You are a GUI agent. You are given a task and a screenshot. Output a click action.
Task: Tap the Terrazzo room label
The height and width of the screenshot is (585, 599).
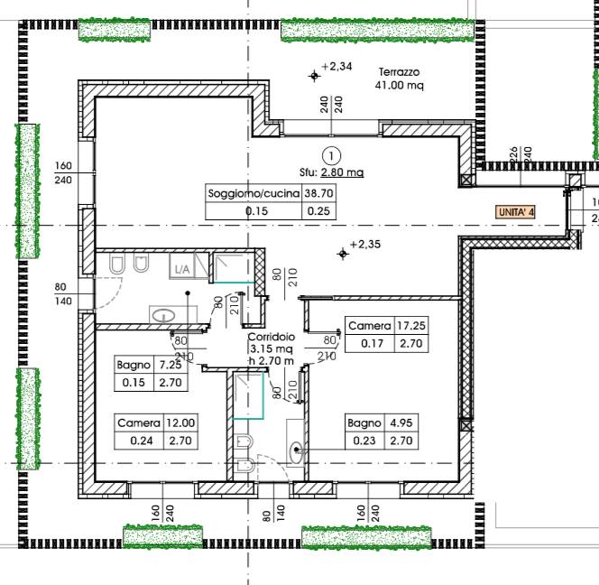coord(399,72)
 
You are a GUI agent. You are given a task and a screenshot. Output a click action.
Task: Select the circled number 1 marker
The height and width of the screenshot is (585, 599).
coord(331,155)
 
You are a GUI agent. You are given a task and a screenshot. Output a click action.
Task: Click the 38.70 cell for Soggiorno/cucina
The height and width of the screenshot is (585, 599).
coord(318,193)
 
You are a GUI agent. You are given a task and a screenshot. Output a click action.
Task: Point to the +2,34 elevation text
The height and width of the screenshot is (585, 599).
coord(336,67)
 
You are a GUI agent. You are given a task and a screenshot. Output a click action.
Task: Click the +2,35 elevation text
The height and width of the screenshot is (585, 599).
coord(365,244)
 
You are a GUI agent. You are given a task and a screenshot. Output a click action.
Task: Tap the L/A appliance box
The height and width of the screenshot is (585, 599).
coord(182,266)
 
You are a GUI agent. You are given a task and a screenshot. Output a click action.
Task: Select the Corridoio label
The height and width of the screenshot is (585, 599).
coord(272,337)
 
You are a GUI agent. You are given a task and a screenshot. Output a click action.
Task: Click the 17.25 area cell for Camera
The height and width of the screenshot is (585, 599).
coord(411,326)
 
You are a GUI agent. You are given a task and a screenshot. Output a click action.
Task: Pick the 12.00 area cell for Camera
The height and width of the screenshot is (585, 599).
coord(180,422)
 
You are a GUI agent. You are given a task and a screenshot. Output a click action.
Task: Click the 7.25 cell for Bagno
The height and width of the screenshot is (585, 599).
coord(170,365)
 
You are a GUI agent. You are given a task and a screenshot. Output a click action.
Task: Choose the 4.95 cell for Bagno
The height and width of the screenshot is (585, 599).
coord(401,422)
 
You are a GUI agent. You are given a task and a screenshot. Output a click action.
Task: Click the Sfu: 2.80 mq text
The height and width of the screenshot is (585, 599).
coord(332,172)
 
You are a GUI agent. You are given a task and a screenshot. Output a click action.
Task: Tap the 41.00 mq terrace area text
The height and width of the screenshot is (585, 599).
coord(400,85)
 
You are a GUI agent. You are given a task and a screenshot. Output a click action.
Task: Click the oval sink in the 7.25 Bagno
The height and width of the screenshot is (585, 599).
coord(163,315)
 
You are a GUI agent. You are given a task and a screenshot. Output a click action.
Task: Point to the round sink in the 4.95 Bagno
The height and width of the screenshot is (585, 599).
coord(296,452)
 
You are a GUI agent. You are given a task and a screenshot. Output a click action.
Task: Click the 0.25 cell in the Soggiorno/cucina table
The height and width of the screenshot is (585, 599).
coord(318,211)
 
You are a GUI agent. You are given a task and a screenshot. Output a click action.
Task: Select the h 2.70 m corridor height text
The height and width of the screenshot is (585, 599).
coord(272,360)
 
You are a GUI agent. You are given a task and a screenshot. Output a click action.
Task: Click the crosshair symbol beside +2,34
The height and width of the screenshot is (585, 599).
coord(315,76)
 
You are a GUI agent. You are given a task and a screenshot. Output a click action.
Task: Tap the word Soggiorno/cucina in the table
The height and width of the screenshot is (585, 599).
coord(253,193)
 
